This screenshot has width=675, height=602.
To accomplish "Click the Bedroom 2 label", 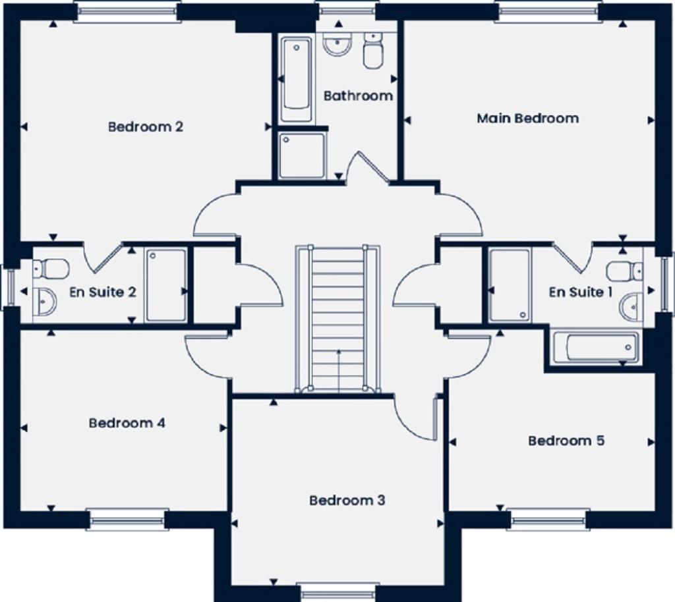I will (x=145, y=126).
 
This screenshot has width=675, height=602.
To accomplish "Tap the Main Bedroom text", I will (x=527, y=119).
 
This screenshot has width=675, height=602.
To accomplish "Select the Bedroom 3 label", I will (x=347, y=501).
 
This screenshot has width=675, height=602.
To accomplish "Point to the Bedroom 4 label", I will (x=127, y=423).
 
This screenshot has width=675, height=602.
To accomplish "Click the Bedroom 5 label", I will (x=566, y=441).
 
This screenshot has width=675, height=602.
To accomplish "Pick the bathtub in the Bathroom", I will (x=296, y=80).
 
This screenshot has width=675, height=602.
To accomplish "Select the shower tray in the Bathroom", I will (x=302, y=155).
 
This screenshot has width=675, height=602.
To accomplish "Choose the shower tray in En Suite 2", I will (x=165, y=285).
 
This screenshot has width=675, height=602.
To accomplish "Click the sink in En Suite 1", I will (x=631, y=307).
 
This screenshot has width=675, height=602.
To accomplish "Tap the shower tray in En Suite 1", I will (x=510, y=285).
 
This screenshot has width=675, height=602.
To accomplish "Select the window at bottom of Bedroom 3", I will (x=337, y=590).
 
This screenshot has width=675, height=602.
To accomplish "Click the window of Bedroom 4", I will (x=127, y=519).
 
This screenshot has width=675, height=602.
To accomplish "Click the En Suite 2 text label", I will (x=103, y=292).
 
